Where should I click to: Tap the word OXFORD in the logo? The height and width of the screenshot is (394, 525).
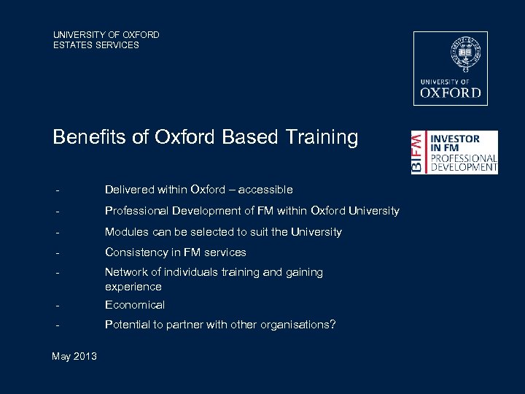click(x=451, y=93)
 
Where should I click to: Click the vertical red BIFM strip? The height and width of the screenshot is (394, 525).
click(x=416, y=152)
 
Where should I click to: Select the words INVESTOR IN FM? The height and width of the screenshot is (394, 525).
click(x=455, y=143)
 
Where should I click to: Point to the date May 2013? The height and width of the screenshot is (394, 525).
click(x=74, y=356)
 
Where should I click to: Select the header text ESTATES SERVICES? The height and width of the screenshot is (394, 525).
click(x=96, y=45)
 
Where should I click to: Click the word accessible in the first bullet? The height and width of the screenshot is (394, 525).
click(x=265, y=190)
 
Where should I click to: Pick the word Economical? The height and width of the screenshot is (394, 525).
click(x=135, y=305)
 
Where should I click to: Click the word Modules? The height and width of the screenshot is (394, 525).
click(x=126, y=232)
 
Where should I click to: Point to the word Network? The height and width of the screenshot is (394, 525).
click(x=126, y=272)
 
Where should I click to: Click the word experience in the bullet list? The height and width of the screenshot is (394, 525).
click(x=133, y=287)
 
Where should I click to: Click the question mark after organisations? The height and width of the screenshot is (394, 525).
click(x=333, y=325)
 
